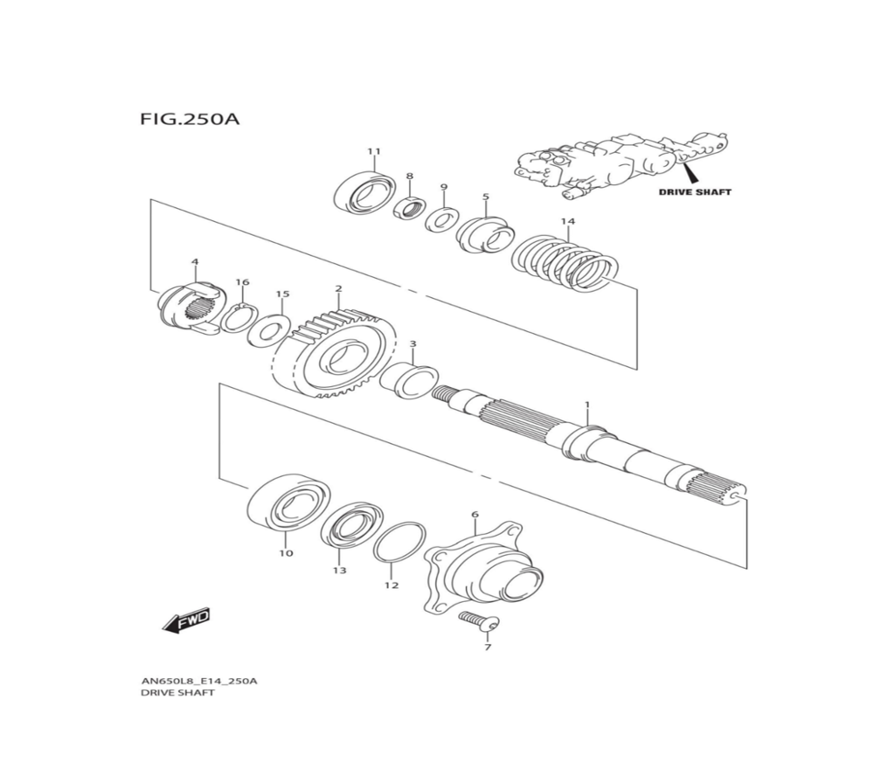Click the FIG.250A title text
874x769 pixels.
coord(188,118)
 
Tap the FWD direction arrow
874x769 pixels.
coord(186,621)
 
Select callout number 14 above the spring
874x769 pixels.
coord(568,222)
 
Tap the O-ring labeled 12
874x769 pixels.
coord(399,543)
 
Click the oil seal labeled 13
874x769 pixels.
coord(349,526)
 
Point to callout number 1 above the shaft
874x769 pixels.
coord(587,405)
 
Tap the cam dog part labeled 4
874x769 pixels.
coord(187,307)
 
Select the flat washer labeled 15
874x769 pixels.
coord(268,329)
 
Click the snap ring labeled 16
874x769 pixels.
coord(237,317)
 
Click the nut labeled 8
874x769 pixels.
coord(409,209)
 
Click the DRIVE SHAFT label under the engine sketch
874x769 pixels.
coord(695,191)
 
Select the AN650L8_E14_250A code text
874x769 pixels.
coord(198,681)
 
